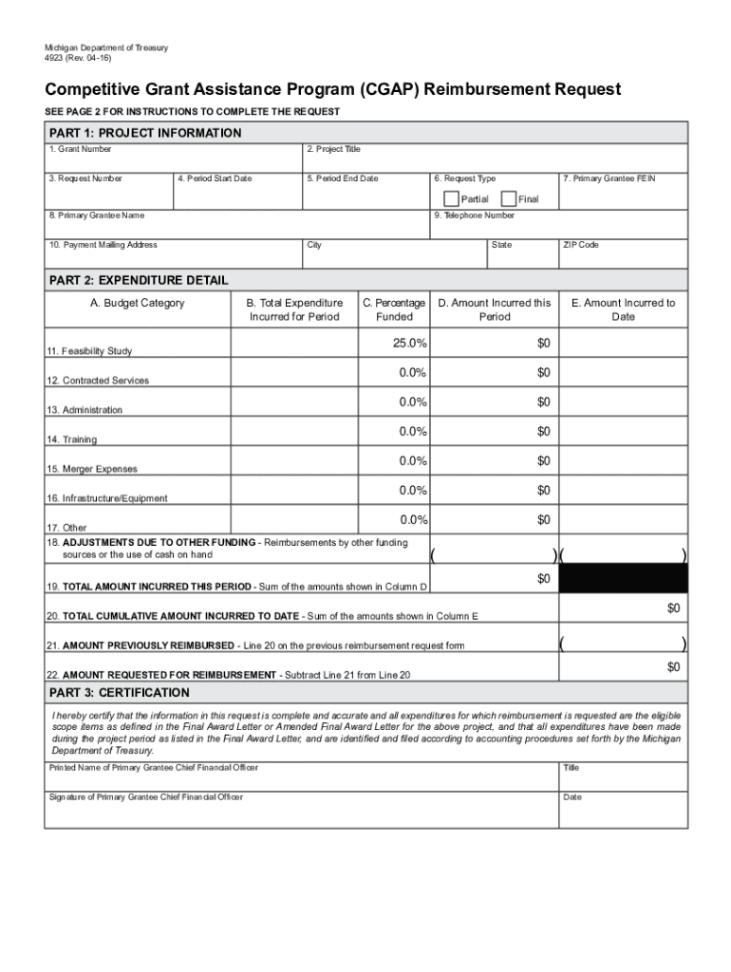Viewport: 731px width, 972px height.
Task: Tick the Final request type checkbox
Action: point(508,199)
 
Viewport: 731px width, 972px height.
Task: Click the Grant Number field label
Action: point(80,149)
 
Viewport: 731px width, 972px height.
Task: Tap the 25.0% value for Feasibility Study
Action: point(410,343)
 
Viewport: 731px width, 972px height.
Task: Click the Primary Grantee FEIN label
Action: point(609,178)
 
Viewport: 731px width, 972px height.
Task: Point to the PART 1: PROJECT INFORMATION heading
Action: point(145,133)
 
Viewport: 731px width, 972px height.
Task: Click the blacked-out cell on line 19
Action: point(623,578)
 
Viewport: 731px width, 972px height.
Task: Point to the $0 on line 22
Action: point(673,667)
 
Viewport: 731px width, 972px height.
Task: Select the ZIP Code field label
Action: point(581,245)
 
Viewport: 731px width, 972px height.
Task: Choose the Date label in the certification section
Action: point(572,797)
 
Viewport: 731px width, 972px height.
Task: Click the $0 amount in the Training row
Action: point(543,432)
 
